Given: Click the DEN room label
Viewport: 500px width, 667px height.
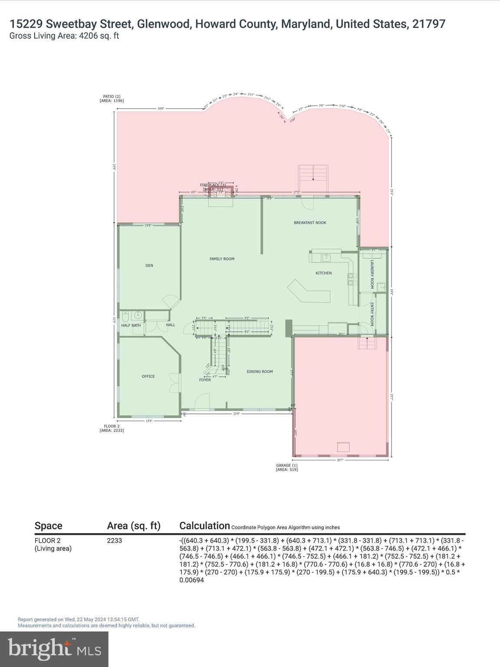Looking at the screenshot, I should click(x=149, y=265).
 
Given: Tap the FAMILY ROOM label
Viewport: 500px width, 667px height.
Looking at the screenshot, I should click(x=222, y=259).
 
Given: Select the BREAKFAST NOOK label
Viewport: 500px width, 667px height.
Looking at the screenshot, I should click(x=310, y=223).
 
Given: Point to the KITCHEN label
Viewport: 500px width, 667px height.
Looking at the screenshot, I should click(x=323, y=273).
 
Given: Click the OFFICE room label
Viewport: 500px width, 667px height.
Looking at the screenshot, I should click(x=148, y=376).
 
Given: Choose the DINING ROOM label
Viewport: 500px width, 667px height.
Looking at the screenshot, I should click(x=260, y=372).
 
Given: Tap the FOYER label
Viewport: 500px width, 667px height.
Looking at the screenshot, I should click(x=205, y=380).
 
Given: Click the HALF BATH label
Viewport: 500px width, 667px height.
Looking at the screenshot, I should click(x=131, y=325).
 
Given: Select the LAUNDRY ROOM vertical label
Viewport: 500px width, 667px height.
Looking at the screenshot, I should click(x=372, y=274).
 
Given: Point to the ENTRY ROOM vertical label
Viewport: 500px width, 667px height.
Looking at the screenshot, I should click(x=372, y=314).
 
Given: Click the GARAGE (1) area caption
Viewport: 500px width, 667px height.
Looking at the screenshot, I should click(x=287, y=467).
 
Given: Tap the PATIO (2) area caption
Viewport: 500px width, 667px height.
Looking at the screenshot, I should click(x=112, y=99).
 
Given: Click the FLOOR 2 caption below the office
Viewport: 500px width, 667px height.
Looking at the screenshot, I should click(x=112, y=428).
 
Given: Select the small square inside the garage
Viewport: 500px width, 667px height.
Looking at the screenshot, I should click(x=344, y=447).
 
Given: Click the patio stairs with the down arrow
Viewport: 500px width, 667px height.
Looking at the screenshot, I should click(x=312, y=179).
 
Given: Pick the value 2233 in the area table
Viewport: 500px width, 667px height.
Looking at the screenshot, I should click(x=115, y=541).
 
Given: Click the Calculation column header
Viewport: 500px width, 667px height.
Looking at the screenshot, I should click(x=204, y=526).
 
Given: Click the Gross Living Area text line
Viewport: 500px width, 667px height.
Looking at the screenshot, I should click(x=64, y=36).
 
